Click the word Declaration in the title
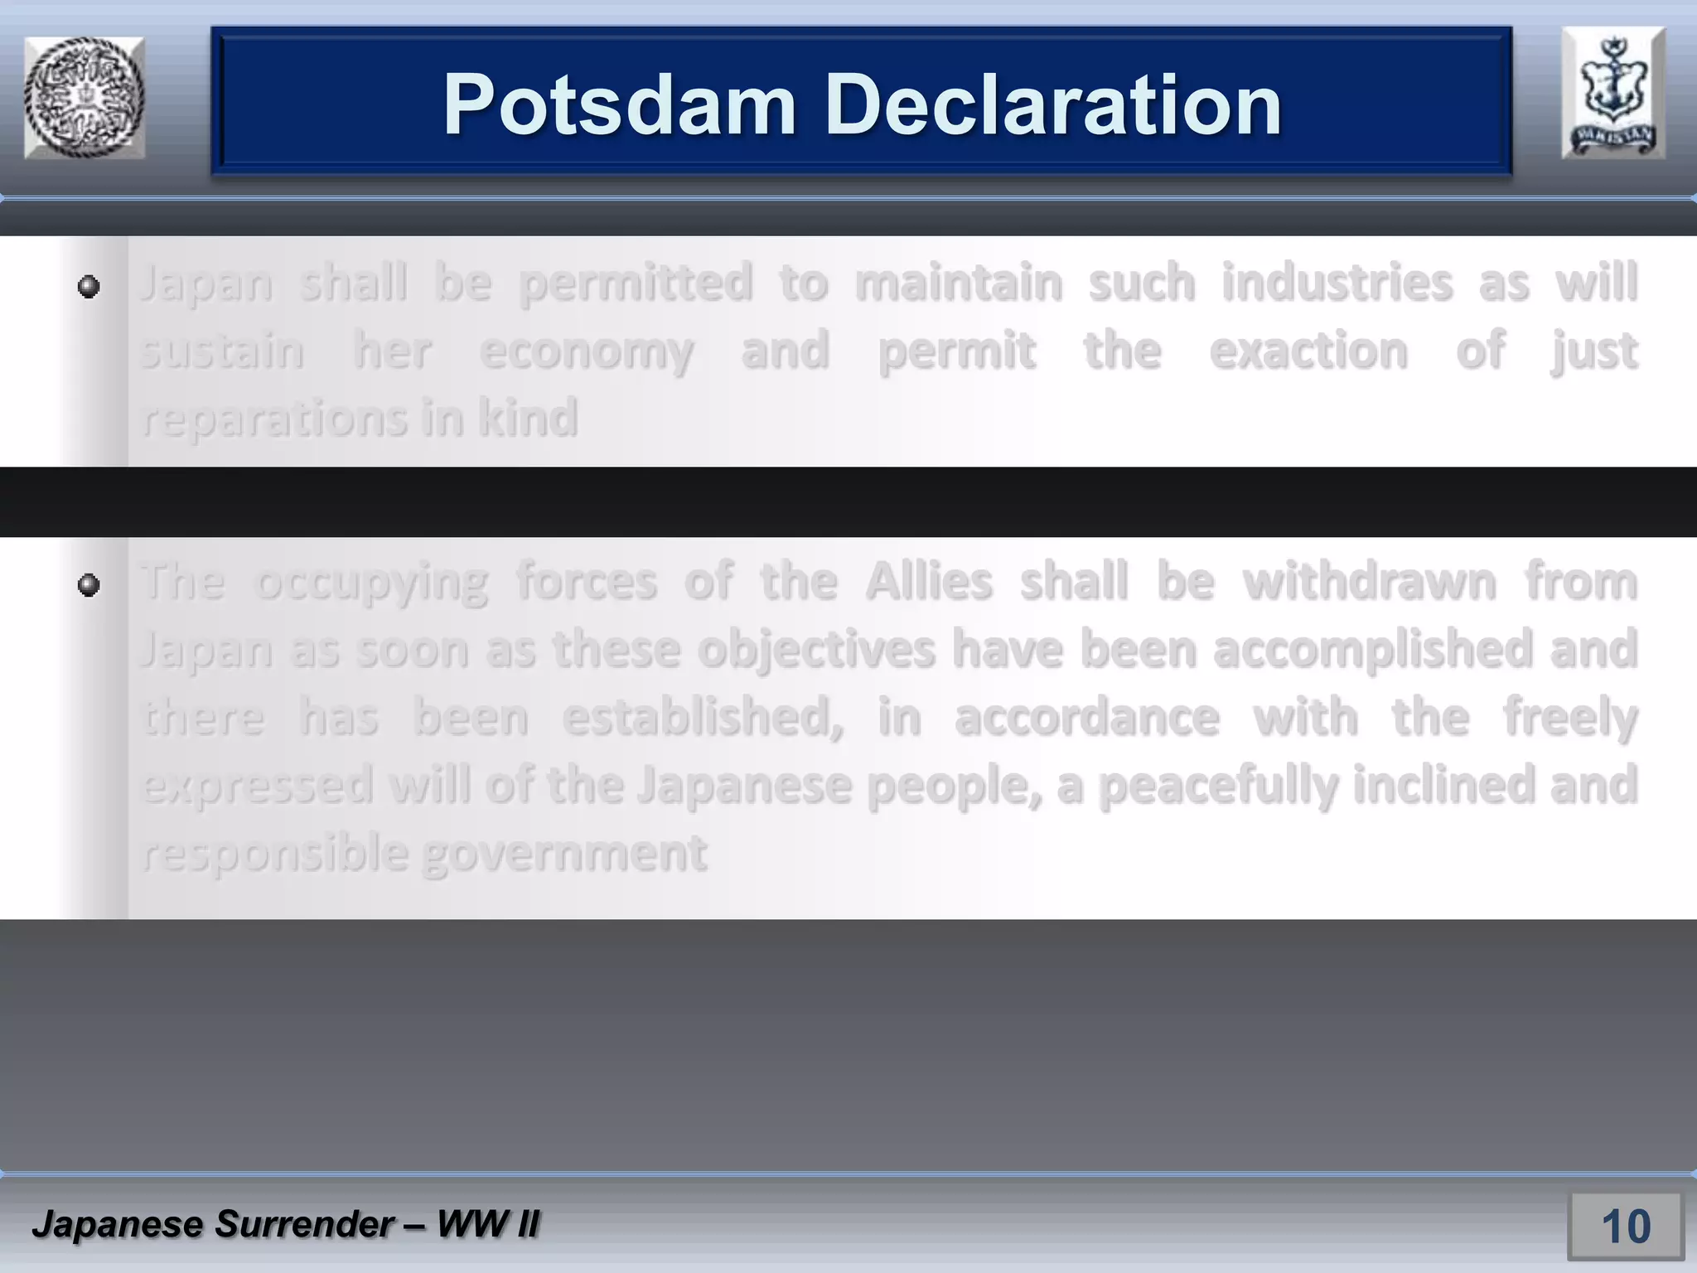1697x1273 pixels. coord(1053,105)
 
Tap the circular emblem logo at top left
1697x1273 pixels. coord(85,97)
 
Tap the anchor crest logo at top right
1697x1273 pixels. coord(1612,93)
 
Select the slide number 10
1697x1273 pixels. coord(1625,1226)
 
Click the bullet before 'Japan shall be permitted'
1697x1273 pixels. coord(89,287)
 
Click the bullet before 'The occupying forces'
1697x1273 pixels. coord(89,585)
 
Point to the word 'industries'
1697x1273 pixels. coord(1337,283)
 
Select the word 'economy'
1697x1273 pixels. coord(587,351)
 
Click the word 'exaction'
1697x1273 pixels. coord(1308,351)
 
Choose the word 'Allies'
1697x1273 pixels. coord(929,581)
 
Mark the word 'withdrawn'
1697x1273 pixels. coord(1370,581)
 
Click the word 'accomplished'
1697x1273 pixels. coord(1373,650)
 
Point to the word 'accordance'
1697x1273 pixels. coord(1086,717)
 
